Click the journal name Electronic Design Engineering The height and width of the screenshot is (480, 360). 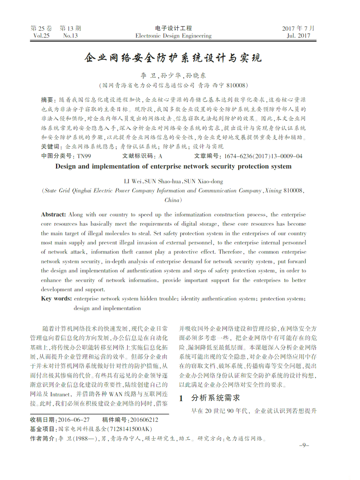(174, 36)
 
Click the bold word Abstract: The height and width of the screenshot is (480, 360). (53, 214)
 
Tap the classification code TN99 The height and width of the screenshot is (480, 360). (84, 156)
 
